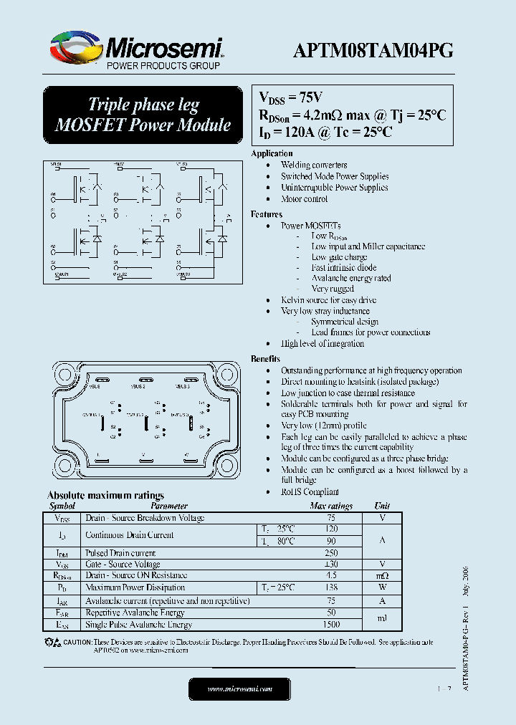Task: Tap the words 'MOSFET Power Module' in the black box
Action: (143, 125)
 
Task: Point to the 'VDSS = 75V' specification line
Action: (291, 97)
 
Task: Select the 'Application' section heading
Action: (272, 153)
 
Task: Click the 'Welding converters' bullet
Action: (314, 165)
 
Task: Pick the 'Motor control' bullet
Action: (304, 199)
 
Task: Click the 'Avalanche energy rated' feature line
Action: (351, 279)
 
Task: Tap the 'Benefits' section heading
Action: (265, 359)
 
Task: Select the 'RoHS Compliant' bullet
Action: (310, 492)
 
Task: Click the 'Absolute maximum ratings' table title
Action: (105, 495)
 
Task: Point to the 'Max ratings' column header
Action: (331, 506)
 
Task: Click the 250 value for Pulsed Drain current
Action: (331, 553)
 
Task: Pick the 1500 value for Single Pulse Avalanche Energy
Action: (331, 625)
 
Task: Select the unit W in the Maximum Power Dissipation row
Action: (383, 587)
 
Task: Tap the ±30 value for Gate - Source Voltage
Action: (331, 565)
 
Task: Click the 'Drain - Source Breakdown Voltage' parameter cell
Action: (145, 518)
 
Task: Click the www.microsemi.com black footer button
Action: (239, 688)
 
